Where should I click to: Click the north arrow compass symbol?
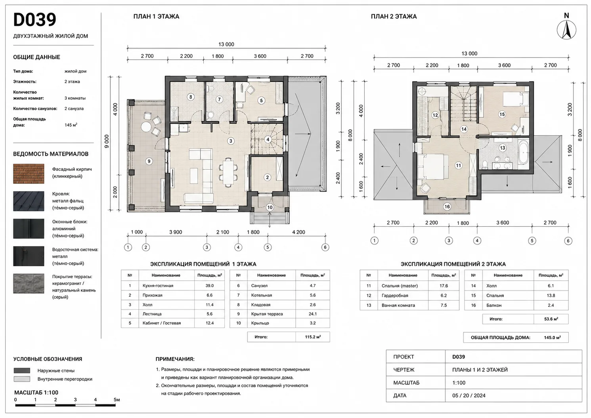tap(566, 30)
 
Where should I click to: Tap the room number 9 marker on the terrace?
tap(149, 161)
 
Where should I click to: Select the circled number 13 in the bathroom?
tap(502, 148)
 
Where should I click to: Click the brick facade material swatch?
tap(29, 174)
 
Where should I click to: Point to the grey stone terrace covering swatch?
tap(29, 284)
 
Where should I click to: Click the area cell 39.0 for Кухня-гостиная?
tap(210, 286)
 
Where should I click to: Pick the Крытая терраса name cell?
tap(271, 314)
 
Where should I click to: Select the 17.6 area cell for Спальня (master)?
tap(444, 286)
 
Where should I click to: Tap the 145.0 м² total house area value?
tap(552, 337)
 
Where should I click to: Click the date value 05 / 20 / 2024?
tap(469, 395)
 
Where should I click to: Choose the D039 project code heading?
tap(34, 20)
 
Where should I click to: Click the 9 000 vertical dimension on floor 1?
tap(107, 141)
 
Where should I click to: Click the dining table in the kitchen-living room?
tap(228, 172)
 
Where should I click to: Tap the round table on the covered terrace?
tap(146, 127)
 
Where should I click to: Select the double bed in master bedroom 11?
tap(433, 167)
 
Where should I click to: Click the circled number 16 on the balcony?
tap(447, 206)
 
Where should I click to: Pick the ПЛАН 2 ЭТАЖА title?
tap(394, 17)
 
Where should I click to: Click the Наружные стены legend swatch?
tap(22, 370)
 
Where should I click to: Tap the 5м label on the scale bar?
tap(117, 400)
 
